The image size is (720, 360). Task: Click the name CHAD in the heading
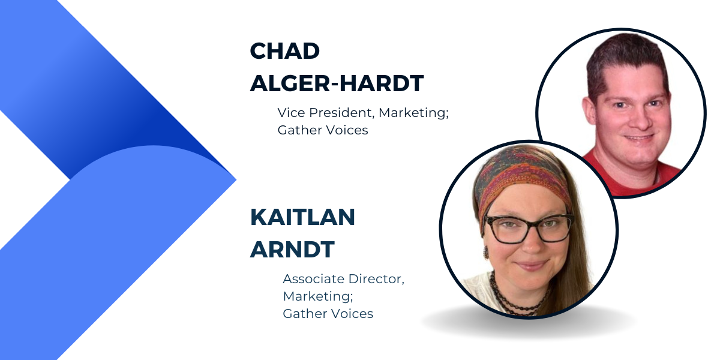click(x=285, y=51)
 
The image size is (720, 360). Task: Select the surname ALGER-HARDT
click(x=337, y=83)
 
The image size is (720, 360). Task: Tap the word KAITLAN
click(x=302, y=217)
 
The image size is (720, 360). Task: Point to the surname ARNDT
click(x=292, y=250)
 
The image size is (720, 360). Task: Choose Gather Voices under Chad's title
click(x=323, y=130)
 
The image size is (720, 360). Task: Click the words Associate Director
click(x=343, y=278)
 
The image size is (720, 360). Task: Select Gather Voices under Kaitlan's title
click(x=328, y=314)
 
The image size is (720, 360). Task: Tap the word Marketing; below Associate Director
click(x=318, y=296)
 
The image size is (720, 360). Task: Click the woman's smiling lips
click(x=530, y=265)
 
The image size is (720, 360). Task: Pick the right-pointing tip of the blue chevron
click(x=236, y=180)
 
